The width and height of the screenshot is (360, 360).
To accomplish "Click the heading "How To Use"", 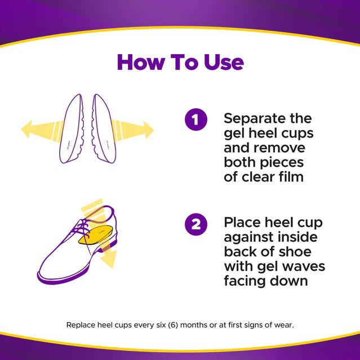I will point(180,63).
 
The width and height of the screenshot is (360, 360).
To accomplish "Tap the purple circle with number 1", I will point(195,120).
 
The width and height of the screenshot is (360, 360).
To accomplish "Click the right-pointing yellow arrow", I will point(138,129).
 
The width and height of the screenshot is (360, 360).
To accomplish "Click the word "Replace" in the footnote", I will point(81,325).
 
